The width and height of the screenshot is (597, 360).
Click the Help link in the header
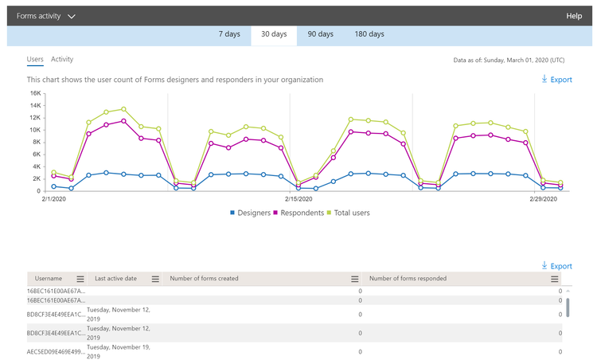573,16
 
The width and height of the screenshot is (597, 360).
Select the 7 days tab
229,34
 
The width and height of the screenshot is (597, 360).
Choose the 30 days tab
274,34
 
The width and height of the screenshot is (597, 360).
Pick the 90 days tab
321,34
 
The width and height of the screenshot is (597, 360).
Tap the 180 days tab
369,34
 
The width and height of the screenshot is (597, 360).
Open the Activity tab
62,59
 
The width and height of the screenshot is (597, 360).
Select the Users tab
35,59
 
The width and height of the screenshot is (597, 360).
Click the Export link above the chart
556,80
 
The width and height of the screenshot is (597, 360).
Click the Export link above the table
556,266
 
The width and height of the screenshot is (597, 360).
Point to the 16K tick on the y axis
35,93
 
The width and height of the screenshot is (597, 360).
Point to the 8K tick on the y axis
37,142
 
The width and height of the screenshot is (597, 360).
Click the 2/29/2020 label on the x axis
545,199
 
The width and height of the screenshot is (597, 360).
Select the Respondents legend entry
298,213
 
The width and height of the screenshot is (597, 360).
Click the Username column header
48,279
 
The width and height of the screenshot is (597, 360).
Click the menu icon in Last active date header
155,279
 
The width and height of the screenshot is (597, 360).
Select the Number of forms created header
205,279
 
